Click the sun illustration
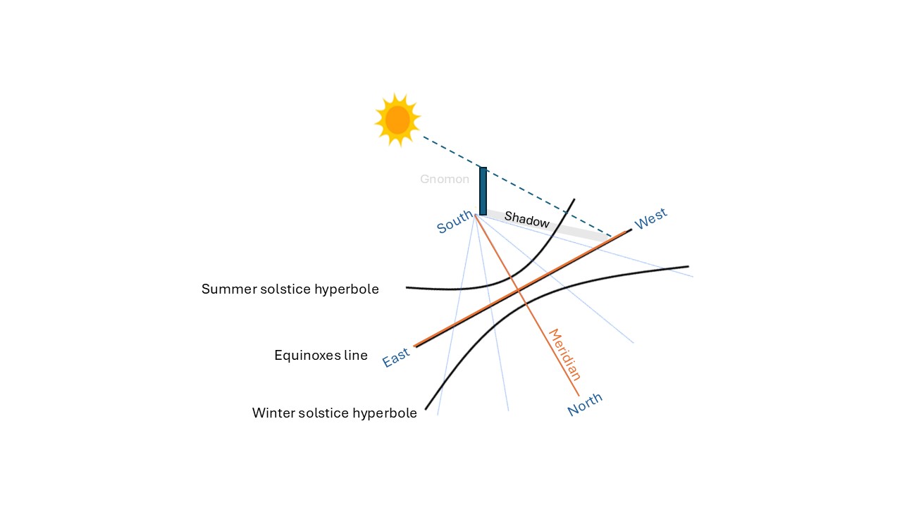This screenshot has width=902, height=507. [397, 120]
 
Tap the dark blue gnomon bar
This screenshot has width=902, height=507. [483, 190]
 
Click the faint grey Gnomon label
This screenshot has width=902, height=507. [444, 180]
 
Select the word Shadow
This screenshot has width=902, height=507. [526, 220]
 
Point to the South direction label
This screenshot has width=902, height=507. [455, 223]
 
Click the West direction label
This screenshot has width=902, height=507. [650, 219]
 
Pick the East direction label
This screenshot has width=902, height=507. [396, 358]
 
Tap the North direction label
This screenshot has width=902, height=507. [585, 404]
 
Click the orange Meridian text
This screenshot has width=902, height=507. [565, 354]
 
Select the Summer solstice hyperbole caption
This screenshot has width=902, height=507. [290, 289]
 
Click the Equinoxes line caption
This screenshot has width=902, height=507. [321, 356]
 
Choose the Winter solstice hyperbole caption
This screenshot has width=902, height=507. [334, 413]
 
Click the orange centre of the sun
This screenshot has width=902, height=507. [397, 120]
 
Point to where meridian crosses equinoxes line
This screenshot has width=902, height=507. [519, 289]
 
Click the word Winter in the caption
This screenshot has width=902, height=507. [272, 413]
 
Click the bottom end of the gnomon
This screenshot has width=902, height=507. [483, 213]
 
